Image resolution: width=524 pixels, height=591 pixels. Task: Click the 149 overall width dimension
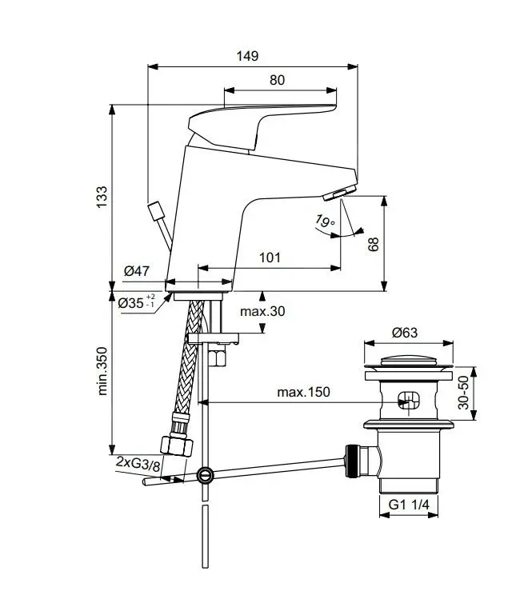(247, 56)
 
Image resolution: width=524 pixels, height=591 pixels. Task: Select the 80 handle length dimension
(277, 80)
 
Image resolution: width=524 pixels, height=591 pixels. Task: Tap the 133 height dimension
(102, 198)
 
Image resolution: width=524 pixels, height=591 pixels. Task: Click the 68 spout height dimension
(374, 244)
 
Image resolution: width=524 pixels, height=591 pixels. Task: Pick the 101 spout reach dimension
(270, 258)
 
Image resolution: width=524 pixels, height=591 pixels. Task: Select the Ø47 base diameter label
(137, 272)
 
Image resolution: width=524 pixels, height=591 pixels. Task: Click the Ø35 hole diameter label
(137, 303)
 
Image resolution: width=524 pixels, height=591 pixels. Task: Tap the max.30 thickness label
(262, 311)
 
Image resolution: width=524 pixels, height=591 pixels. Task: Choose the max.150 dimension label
(303, 392)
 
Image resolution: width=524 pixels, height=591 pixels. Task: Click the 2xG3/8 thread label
(138, 463)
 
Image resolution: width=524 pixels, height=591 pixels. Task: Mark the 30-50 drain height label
(464, 393)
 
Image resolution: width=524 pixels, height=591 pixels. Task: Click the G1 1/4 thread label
(409, 505)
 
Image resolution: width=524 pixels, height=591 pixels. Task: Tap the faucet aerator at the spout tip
(339, 194)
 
